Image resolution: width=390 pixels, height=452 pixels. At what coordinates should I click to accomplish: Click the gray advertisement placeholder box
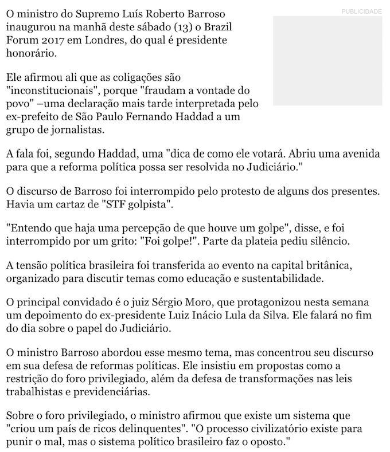[x=327, y=61]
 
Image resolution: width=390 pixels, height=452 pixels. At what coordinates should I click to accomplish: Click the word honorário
[x=30, y=54]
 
